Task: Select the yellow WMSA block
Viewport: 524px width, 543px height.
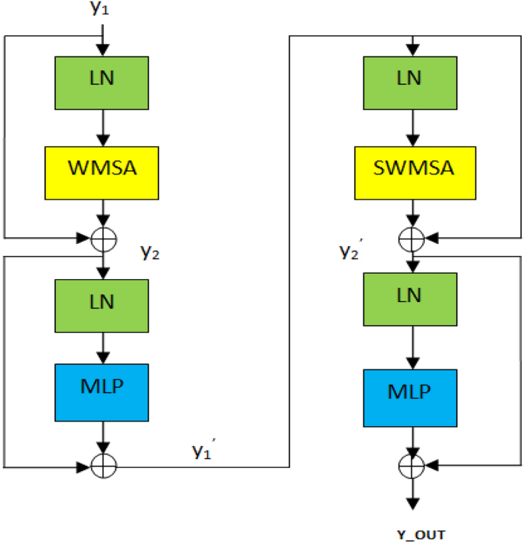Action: coord(102,167)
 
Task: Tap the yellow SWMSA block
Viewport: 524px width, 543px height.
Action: coord(413,167)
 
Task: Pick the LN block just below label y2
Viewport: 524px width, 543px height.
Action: coord(102,301)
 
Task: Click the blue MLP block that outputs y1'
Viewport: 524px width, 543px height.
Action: coord(102,391)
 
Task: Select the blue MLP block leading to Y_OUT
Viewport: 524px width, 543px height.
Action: coord(413,392)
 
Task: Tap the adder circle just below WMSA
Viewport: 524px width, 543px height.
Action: coord(103,239)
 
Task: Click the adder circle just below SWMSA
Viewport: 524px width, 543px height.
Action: coord(413,239)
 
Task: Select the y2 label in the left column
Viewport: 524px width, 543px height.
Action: coord(150,252)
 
